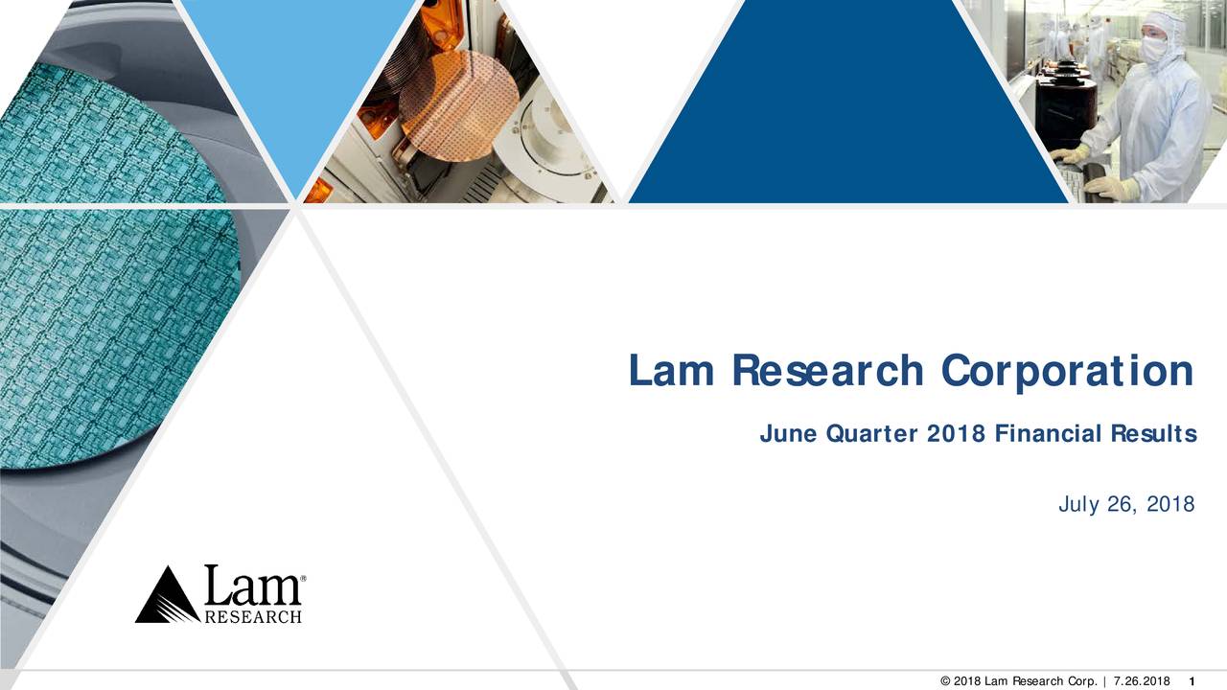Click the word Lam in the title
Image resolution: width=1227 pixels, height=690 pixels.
click(671, 372)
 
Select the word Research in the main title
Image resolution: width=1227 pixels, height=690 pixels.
click(827, 372)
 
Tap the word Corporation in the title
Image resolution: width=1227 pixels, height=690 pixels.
click(1067, 372)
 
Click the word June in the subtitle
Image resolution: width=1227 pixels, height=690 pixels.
click(787, 435)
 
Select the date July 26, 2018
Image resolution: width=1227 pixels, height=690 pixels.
click(1126, 504)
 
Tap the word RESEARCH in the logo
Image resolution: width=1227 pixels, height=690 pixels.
click(253, 616)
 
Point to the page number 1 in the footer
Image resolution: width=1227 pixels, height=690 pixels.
click(1190, 681)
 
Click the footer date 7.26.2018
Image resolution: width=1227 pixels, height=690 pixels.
click(1143, 681)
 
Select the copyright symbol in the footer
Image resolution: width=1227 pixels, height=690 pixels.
click(946, 681)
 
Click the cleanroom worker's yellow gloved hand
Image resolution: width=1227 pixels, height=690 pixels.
click(1112, 187)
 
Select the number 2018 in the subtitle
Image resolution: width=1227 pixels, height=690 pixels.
click(956, 435)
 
